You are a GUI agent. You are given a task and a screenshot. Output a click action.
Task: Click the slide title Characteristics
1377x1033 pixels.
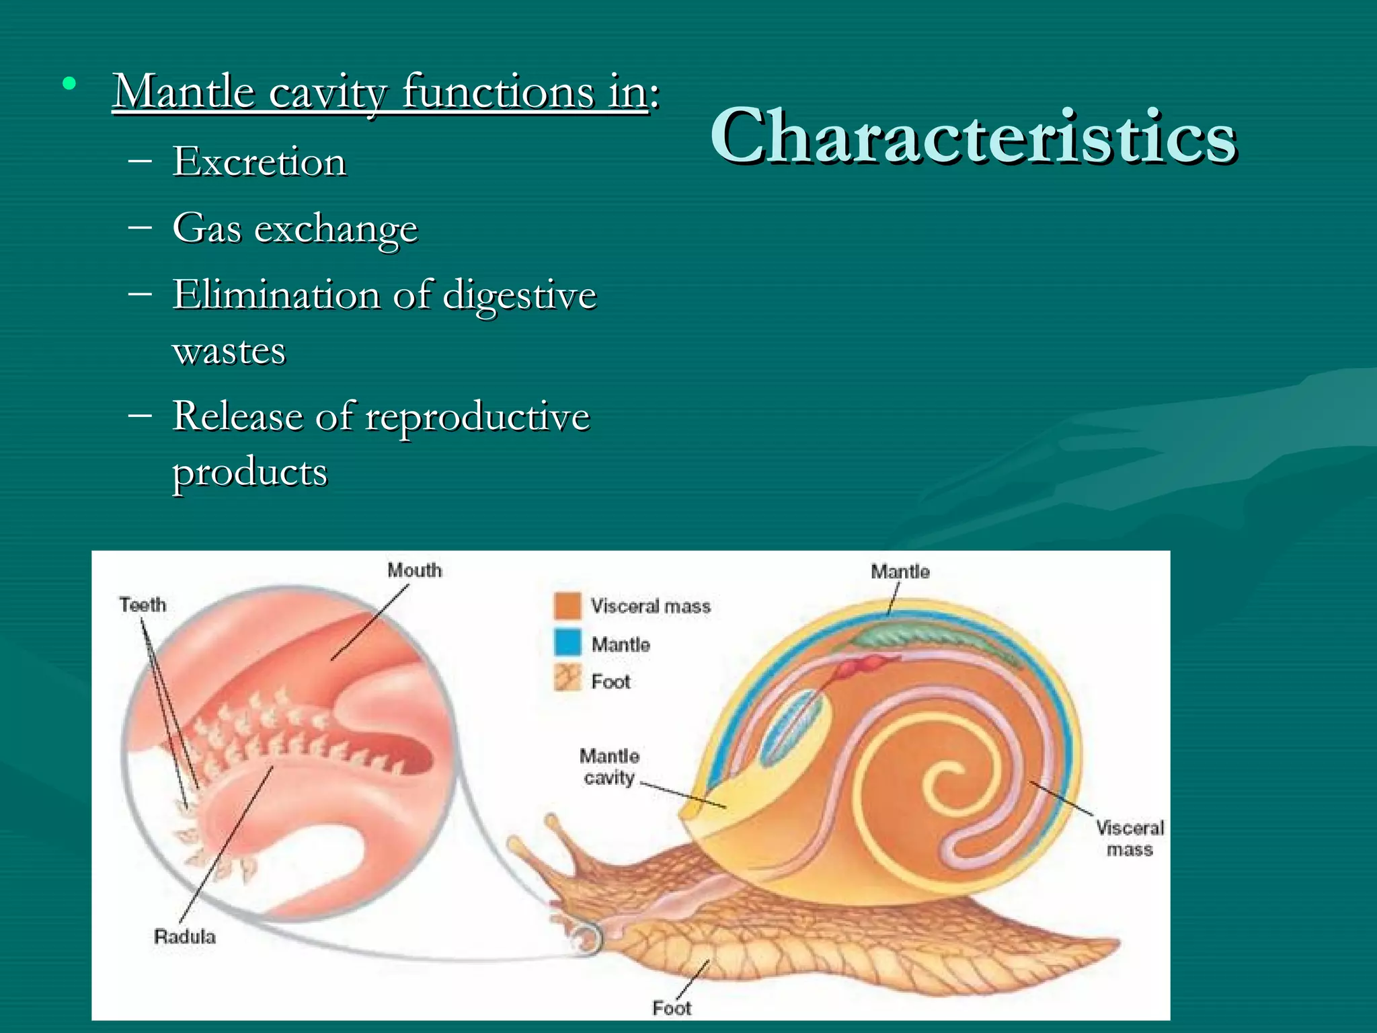[x=973, y=137]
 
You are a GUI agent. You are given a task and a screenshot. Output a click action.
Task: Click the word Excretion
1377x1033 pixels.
[x=259, y=162]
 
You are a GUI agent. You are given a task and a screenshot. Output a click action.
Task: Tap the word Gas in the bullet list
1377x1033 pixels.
[x=206, y=228]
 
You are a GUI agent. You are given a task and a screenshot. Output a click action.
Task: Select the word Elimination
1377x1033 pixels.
[x=276, y=295]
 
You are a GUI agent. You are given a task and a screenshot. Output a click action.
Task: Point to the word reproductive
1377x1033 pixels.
[x=477, y=416]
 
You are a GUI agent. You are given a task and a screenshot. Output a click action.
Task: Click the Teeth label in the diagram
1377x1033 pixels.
[x=143, y=605]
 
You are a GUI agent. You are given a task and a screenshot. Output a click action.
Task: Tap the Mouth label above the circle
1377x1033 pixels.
[x=414, y=570]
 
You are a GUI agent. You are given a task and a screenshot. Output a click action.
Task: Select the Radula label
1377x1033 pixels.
[x=184, y=937]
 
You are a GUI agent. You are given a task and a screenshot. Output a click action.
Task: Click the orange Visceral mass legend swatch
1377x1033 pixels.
[x=567, y=605]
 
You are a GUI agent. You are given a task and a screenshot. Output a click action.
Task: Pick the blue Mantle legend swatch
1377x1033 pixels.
[x=567, y=643]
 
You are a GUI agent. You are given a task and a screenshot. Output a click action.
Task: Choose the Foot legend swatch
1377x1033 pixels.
[x=567, y=679]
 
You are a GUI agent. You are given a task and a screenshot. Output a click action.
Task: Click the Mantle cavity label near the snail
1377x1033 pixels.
[x=609, y=767]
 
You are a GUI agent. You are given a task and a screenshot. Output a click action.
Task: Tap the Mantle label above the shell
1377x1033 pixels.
[x=900, y=572]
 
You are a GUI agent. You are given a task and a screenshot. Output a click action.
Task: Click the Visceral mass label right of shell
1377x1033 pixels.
[x=1130, y=839]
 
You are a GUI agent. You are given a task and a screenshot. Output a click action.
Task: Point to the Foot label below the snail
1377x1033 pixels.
[x=671, y=1007]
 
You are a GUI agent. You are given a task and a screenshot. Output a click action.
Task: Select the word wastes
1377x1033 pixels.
[x=229, y=351]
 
